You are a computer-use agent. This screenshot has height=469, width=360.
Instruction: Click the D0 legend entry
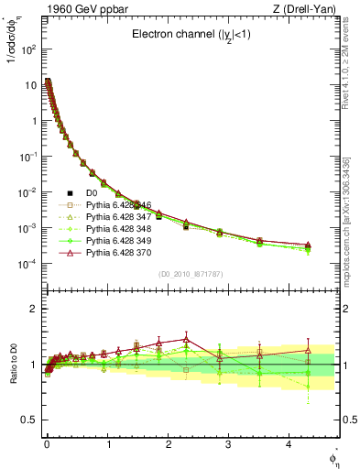click(91, 193)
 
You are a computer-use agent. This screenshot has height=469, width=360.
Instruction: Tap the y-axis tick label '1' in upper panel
click(33, 120)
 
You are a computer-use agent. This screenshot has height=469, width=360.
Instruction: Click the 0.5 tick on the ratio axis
click(29, 420)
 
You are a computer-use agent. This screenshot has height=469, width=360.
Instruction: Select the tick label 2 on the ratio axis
click(34, 309)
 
